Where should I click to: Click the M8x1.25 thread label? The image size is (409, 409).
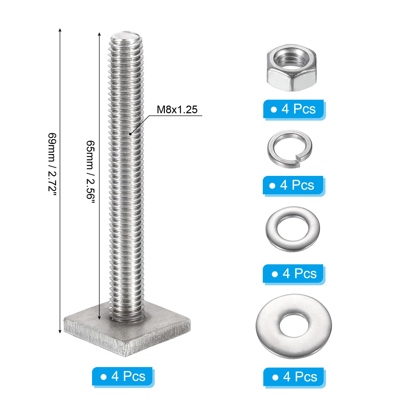point(177,109)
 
